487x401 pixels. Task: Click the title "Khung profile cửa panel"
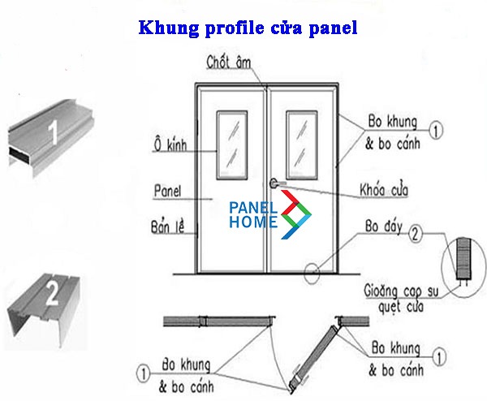pos(248,28)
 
